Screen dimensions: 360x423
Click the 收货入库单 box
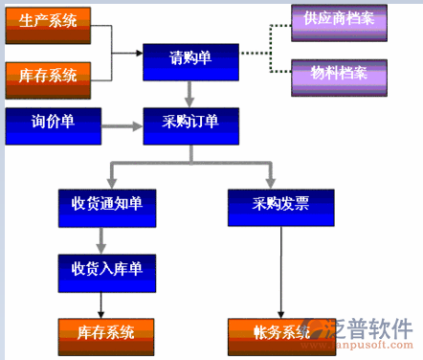click(x=106, y=270)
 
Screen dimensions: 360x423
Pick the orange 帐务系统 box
click(x=281, y=334)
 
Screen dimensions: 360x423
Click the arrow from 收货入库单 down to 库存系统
click(x=100, y=302)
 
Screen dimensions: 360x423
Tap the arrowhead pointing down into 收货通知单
click(x=113, y=180)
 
